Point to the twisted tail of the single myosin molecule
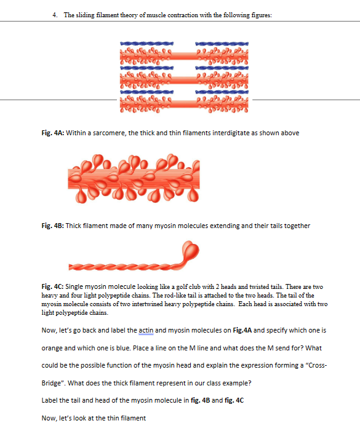tap(123, 264)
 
